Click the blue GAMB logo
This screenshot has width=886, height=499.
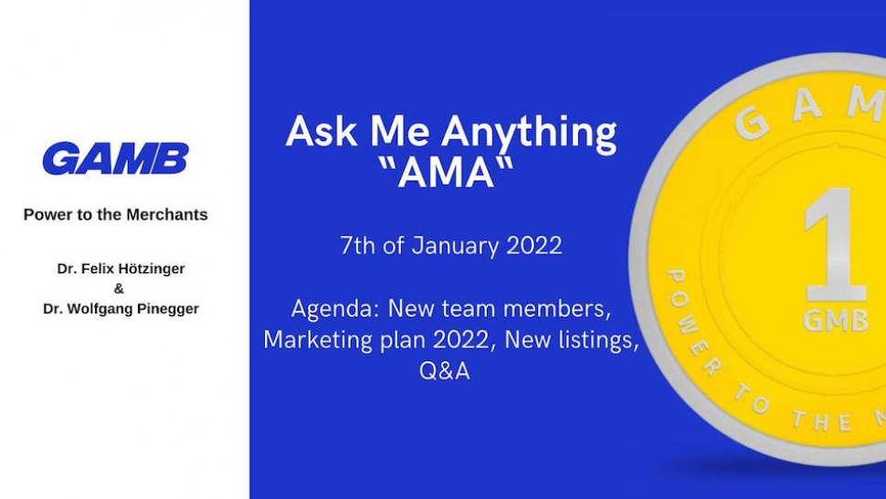115,159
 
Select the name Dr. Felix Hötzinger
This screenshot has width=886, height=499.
120,270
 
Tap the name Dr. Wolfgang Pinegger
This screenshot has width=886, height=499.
120,309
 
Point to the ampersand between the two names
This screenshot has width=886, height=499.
120,289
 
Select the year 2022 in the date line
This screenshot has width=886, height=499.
531,246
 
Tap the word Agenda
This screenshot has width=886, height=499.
332,308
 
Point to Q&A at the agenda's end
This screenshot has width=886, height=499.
445,371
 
